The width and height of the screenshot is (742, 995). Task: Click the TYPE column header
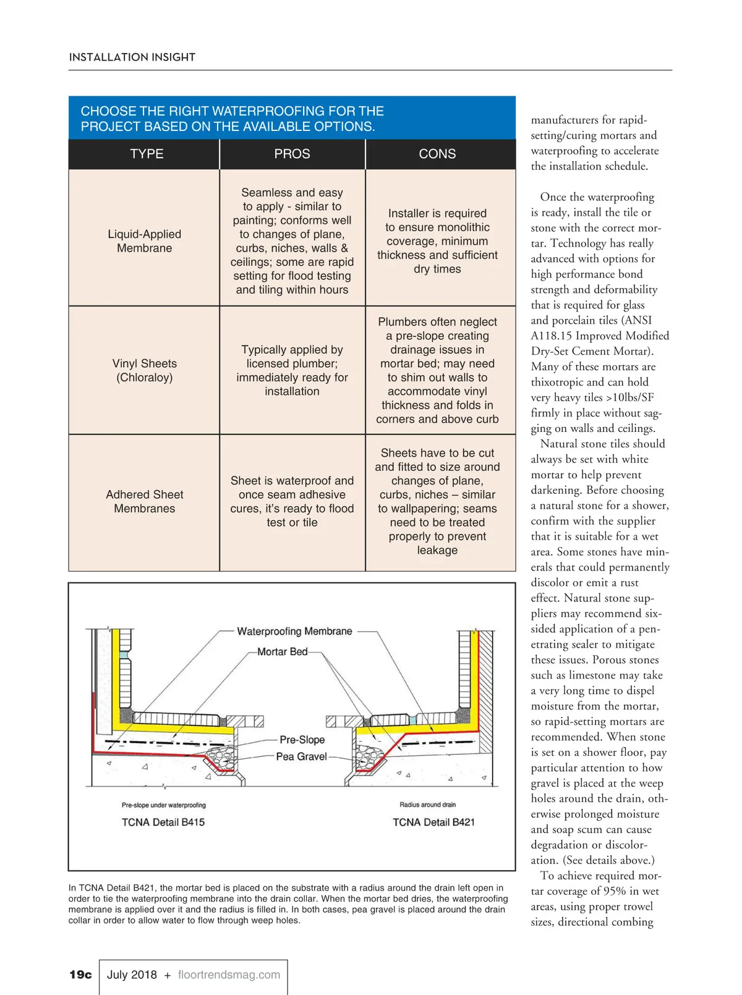[x=147, y=154]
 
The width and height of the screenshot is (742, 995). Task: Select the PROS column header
[x=292, y=154]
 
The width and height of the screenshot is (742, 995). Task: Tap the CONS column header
[x=437, y=154]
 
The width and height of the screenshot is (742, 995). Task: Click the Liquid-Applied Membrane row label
[x=145, y=241]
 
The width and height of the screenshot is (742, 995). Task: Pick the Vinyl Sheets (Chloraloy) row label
[x=145, y=370]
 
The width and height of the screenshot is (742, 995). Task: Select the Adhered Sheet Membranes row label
[x=145, y=501]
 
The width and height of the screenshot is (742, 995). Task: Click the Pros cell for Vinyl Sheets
[x=292, y=370]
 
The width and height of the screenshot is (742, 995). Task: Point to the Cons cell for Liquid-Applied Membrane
[x=437, y=241]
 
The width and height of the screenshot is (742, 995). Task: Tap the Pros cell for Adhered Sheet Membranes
[x=292, y=501]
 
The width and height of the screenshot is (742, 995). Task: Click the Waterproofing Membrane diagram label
[x=294, y=631]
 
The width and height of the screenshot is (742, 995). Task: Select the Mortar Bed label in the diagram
[x=282, y=651]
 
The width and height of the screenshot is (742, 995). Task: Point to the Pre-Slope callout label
[x=302, y=739]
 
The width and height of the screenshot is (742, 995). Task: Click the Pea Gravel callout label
[x=301, y=756]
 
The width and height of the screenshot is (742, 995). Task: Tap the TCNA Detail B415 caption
[x=163, y=822]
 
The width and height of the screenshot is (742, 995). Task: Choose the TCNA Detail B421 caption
[x=433, y=822]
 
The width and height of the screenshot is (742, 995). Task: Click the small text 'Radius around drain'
[x=427, y=805]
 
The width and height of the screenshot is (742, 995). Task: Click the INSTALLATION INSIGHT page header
[x=132, y=57]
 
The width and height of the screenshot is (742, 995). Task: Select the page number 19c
[x=80, y=975]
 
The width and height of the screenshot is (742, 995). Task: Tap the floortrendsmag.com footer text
[x=229, y=975]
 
